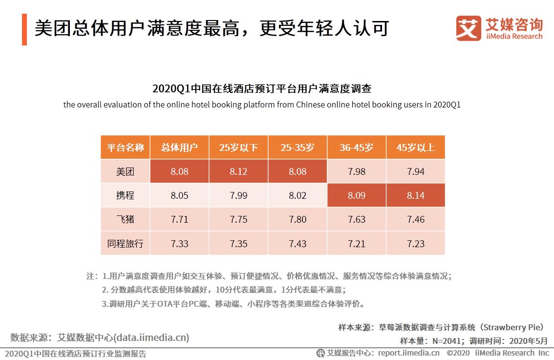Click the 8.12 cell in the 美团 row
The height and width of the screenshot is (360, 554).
coord(238,172)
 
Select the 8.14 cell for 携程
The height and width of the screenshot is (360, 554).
coord(415,195)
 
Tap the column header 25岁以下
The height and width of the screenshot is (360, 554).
coord(238,148)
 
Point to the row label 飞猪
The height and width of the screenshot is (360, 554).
coord(125,219)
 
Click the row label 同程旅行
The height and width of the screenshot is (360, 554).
coord(125,243)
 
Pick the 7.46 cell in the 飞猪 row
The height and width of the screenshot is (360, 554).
coord(415,219)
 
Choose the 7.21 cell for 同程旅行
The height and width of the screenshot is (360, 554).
coord(357,243)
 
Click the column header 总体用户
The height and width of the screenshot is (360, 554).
coord(179,148)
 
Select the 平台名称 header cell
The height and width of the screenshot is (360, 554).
coord(125,148)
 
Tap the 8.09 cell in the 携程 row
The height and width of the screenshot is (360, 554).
coord(357,195)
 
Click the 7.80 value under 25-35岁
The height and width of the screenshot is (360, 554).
coord(298,219)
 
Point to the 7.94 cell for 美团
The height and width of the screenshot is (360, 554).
coord(415,172)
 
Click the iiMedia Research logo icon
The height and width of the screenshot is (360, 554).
coord(468,28)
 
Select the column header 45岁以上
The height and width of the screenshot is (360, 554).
coord(415,148)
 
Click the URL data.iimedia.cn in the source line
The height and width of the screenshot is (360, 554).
coord(151,338)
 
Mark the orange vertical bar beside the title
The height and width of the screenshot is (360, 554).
coord(24,29)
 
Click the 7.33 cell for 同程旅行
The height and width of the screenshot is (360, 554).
coord(179,243)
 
